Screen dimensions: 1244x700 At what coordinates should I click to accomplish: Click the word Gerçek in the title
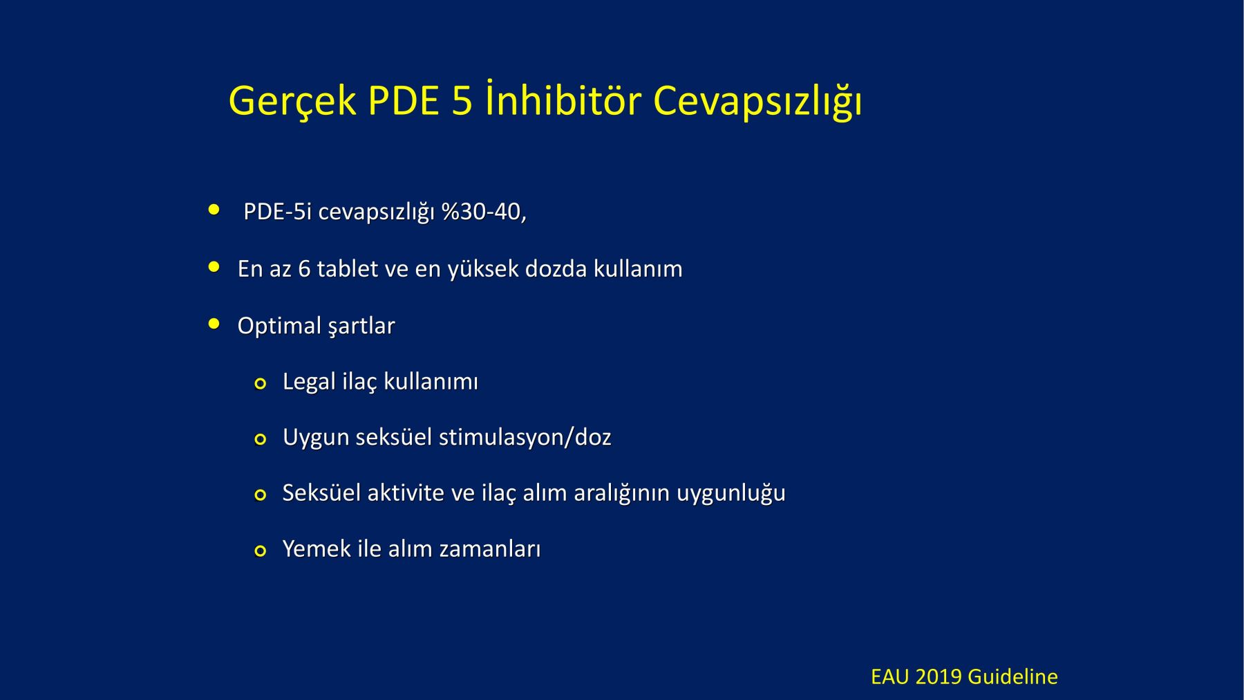click(292, 102)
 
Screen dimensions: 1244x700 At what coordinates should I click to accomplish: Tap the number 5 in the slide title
click(462, 100)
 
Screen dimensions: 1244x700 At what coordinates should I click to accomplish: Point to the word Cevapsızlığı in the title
click(757, 102)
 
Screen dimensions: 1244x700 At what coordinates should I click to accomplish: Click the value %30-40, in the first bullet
click(484, 212)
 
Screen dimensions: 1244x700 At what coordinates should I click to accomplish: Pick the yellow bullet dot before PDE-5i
click(214, 210)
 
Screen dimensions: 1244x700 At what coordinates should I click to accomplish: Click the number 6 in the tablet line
click(304, 269)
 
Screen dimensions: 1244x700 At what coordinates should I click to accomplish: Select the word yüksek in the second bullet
click(483, 269)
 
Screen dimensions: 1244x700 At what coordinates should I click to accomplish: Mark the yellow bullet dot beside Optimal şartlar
click(214, 324)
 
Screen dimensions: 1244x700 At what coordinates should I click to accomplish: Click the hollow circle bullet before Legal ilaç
click(261, 384)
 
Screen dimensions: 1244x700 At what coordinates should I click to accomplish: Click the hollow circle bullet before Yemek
click(261, 551)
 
